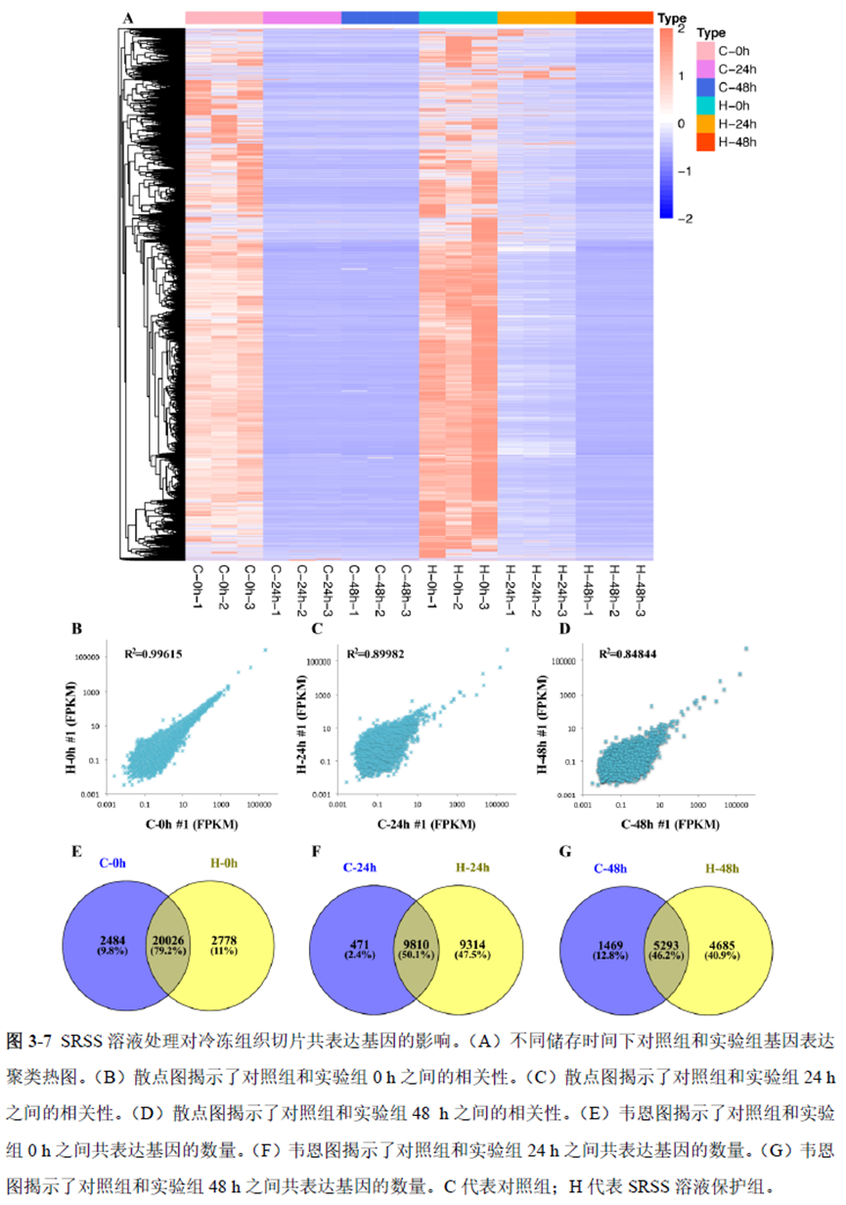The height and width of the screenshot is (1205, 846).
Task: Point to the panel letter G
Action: coord(564,851)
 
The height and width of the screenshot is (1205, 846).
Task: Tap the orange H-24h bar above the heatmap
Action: coord(536,18)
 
